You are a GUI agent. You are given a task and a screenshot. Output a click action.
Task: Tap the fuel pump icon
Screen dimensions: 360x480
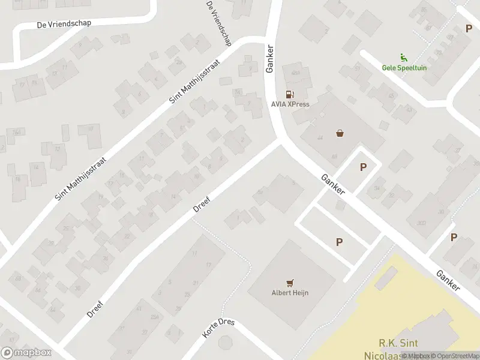(289, 94)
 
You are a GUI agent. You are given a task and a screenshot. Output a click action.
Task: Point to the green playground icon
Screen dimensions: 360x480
(404, 58)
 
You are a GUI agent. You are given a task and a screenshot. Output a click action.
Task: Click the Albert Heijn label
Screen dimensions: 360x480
(290, 293)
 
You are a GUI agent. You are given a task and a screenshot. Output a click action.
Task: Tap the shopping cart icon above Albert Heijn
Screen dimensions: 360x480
(291, 283)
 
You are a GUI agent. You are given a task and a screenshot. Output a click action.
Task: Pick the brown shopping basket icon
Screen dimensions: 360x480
(341, 133)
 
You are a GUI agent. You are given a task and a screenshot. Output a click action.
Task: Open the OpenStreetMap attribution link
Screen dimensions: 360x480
(454, 356)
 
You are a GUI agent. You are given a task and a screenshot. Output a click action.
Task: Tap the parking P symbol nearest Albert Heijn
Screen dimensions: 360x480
(339, 242)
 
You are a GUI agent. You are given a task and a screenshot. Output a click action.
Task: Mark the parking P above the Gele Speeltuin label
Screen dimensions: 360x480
(469, 28)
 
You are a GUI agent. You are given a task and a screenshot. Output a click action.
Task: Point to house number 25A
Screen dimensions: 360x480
(154, 317)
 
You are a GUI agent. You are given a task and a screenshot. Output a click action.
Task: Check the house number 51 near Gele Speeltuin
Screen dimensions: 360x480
(358, 68)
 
